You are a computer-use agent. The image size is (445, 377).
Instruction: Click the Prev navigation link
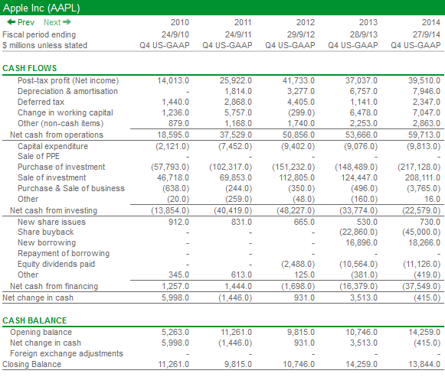coord(21,22)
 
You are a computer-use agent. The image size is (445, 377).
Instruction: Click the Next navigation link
coord(57,22)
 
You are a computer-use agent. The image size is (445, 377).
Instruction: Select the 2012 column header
coord(306,22)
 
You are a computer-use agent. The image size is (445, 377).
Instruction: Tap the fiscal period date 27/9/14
coord(427,34)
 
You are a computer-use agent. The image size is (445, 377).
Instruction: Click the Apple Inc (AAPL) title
coord(41,8)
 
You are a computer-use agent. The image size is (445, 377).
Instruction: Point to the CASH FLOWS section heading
coord(30,68)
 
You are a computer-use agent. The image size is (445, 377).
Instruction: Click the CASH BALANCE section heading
coord(34,320)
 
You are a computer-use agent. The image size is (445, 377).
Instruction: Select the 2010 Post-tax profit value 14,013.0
coord(173,81)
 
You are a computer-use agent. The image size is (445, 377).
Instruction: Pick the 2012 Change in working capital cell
coord(302,112)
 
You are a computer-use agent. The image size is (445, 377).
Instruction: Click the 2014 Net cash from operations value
coord(424,135)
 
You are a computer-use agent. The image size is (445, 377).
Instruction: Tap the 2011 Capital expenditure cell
coord(235,146)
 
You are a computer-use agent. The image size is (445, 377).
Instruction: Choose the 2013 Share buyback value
coord(358,232)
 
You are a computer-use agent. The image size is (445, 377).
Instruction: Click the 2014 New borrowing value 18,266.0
coord(424,242)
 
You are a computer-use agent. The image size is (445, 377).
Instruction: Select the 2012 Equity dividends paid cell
coord(298,265)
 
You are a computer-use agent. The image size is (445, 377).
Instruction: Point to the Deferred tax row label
coord(41,102)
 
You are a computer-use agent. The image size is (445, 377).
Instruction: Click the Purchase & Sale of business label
coord(71,188)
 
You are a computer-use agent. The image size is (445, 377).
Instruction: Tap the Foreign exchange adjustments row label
coord(67,353)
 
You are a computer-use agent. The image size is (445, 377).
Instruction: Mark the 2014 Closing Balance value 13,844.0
coord(424,364)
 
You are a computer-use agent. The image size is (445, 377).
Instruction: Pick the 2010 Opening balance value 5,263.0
coord(175,332)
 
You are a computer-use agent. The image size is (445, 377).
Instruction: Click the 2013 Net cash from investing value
coord(358,211)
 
